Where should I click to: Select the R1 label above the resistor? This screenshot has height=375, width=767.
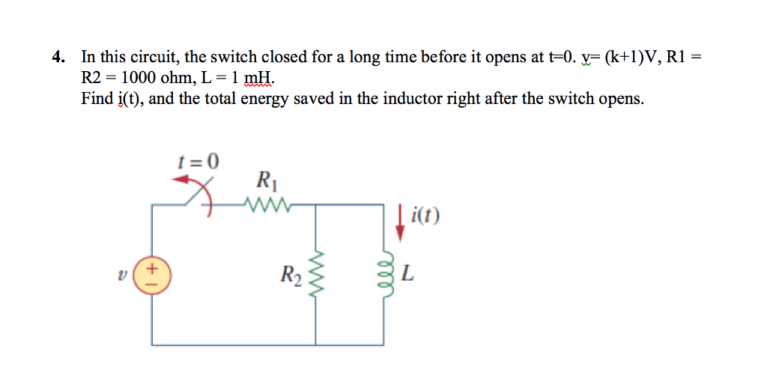tap(265, 180)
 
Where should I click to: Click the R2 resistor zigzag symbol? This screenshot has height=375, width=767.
tap(315, 275)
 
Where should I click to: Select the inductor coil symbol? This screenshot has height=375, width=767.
tap(387, 275)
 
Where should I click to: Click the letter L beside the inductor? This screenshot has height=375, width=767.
tap(407, 275)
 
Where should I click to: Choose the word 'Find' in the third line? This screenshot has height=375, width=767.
tap(96, 99)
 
